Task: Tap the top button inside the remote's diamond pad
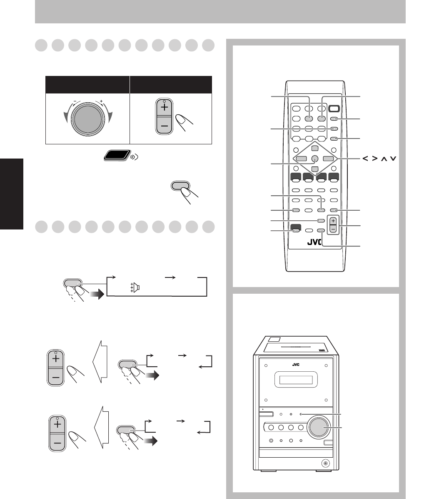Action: pos(314,148)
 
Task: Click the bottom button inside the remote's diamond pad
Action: pos(314,169)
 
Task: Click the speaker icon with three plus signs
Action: pos(136,287)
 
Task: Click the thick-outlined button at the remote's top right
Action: pos(334,109)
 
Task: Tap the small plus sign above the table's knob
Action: pos(101,101)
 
